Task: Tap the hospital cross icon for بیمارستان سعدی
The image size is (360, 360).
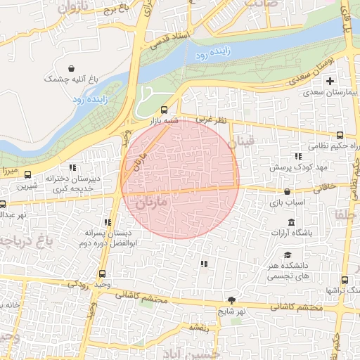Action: (330, 82)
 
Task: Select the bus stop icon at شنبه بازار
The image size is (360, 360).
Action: (164, 110)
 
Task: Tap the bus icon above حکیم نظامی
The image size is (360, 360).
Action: (340, 135)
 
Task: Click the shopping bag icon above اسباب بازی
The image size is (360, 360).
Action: (287, 191)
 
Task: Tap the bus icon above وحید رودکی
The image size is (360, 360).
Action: (103, 274)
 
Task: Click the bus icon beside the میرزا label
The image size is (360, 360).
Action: (28, 174)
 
